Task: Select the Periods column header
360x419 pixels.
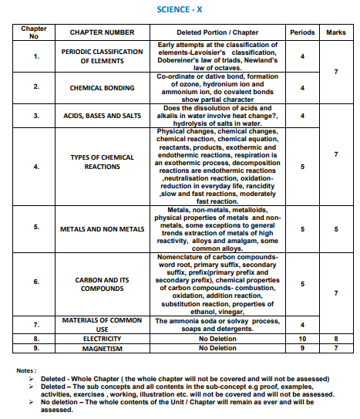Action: [x=302, y=32]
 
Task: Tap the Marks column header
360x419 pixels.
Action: [x=336, y=32]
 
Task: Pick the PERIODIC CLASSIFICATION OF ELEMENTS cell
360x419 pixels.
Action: [x=103, y=56]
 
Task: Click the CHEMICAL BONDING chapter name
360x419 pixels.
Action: [x=103, y=88]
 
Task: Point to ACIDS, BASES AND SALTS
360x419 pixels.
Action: [x=103, y=116]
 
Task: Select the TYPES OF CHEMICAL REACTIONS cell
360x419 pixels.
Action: [x=103, y=161]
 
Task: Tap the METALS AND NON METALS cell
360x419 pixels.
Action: [x=103, y=229]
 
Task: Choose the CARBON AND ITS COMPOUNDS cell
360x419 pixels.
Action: [x=103, y=285]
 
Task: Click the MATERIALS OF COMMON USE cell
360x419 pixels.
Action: [x=103, y=324]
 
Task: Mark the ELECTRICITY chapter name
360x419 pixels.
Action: [x=103, y=338]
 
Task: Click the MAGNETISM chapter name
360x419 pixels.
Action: [x=103, y=348]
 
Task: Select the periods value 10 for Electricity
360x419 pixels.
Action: [x=302, y=338]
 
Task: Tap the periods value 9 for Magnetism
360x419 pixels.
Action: [x=302, y=348]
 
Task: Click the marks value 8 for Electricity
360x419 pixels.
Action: [x=336, y=338]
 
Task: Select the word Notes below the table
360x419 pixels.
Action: [x=28, y=370]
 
